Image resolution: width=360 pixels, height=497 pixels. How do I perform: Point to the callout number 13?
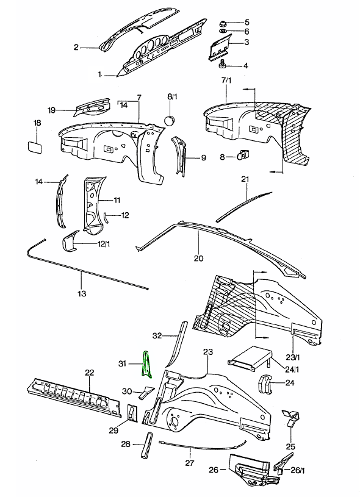(82, 294)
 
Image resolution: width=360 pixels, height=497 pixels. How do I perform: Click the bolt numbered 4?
(223, 65)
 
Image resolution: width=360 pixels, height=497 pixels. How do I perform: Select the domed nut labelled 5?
(224, 23)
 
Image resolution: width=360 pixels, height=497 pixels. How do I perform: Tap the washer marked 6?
(224, 32)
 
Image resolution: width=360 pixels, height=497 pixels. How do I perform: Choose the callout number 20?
(198, 257)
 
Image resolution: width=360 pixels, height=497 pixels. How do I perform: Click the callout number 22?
(89, 373)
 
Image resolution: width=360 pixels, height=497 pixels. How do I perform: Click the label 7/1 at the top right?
(226, 80)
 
